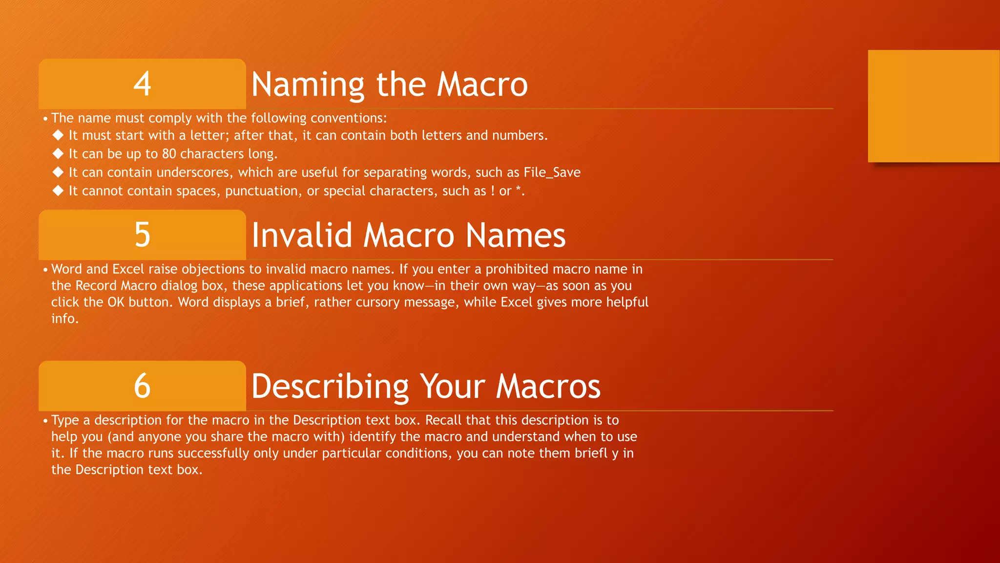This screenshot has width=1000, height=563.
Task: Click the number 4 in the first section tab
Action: click(142, 84)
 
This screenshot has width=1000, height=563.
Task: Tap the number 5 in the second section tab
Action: click(142, 235)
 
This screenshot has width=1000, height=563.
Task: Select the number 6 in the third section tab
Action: click(142, 386)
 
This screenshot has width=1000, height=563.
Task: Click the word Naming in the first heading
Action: click(308, 85)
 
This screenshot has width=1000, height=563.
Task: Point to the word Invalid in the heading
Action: click(302, 236)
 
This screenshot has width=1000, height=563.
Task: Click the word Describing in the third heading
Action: click(330, 387)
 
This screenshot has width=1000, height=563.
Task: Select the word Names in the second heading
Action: click(516, 236)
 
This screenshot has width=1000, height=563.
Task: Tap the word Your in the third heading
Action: click(453, 387)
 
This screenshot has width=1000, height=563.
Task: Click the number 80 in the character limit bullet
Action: click(169, 154)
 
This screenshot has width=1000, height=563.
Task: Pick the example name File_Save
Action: click(552, 173)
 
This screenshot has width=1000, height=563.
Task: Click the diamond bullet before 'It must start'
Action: click(58, 135)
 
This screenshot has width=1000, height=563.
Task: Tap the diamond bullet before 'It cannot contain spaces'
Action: click(58, 191)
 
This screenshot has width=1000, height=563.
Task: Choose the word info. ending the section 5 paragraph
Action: click(65, 319)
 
